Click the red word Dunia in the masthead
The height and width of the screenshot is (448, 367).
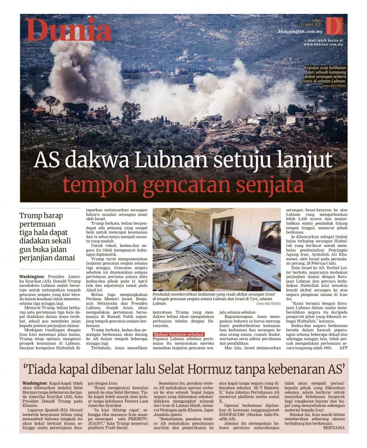tap(69, 30)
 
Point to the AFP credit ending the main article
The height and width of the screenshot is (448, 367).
tap(344, 363)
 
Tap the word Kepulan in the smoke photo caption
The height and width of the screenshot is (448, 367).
tap(314, 69)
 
